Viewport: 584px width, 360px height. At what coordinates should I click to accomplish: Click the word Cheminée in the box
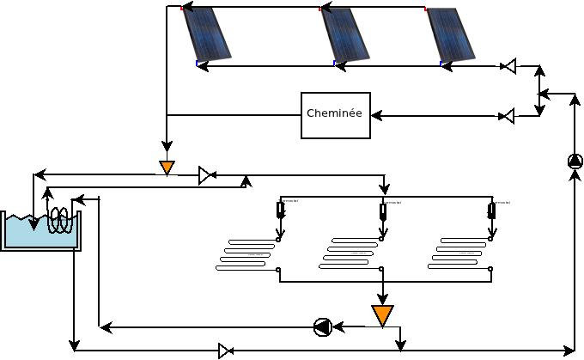(334, 114)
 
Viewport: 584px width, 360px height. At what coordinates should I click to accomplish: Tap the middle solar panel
(345, 34)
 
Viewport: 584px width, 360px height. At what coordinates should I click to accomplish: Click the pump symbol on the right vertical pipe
(575, 161)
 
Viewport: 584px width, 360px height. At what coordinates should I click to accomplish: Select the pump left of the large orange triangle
(323, 326)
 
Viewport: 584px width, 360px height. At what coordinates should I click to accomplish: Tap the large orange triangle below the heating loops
(382, 314)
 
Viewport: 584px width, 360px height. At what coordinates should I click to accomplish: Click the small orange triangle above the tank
(167, 166)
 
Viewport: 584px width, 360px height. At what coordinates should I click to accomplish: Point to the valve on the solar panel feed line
(508, 66)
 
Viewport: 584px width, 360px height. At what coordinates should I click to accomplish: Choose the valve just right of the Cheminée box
(508, 115)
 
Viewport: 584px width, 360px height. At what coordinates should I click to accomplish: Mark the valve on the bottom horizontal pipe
(225, 351)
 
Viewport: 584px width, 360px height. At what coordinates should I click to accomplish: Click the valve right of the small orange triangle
(206, 175)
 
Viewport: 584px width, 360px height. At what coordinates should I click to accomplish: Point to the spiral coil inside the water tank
(59, 220)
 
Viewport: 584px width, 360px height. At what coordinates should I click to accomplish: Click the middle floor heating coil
(350, 253)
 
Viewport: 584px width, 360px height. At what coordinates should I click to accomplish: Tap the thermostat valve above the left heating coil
(280, 211)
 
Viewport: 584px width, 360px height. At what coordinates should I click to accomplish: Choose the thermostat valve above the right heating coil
(491, 211)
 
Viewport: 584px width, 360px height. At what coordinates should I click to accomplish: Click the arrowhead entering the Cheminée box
(376, 115)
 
